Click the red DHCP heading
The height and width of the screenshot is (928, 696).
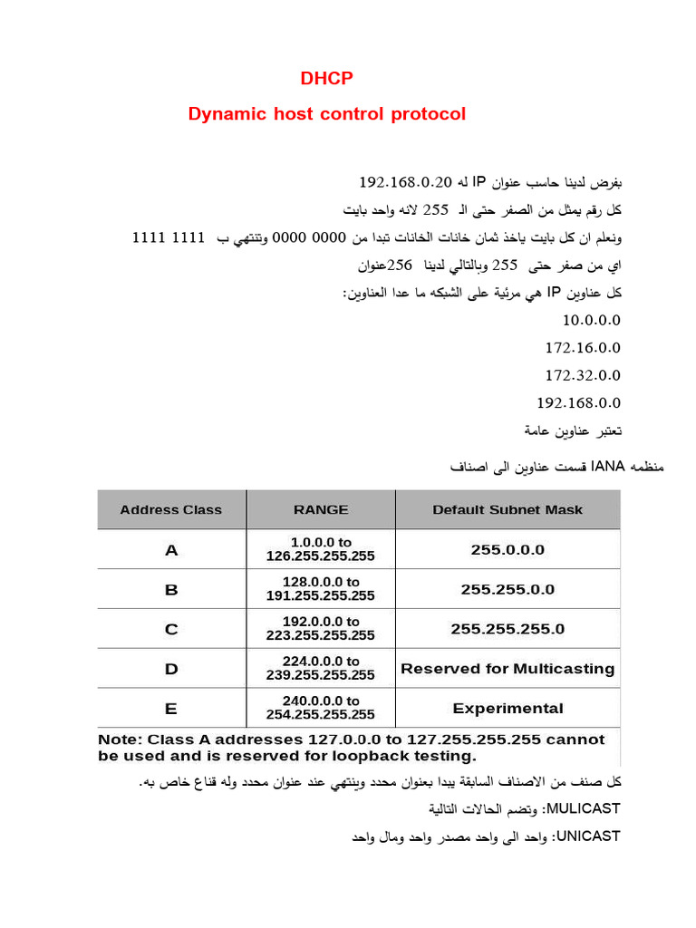pos(326,79)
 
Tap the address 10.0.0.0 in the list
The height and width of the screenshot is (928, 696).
pos(591,321)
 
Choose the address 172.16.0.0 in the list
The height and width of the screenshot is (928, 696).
pos(583,348)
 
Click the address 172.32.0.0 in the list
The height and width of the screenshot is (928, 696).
pos(583,375)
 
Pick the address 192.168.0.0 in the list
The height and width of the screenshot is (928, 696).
pos(578,402)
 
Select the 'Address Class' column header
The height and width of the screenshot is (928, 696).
pos(170,510)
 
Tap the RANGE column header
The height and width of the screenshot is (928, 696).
pos(321,510)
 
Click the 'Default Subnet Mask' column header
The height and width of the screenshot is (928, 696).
pos(507,510)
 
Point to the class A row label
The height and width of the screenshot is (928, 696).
pos(171,550)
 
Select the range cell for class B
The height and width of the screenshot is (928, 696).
pos(320,589)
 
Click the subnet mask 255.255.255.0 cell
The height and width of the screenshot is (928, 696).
pos(507,629)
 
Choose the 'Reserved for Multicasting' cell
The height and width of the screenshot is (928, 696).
pos(507,669)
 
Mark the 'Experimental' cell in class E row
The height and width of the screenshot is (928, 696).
pos(507,709)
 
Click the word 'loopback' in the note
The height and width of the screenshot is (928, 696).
pos(361,756)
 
